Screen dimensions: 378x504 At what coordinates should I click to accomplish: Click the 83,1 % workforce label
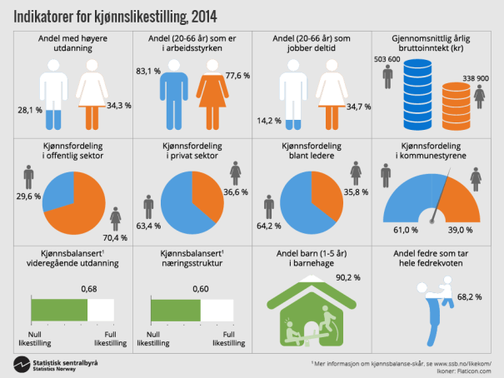click(x=146, y=70)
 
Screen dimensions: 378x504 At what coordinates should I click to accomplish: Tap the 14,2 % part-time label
click(x=269, y=119)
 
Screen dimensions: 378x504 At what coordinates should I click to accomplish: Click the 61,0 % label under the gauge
click(x=406, y=230)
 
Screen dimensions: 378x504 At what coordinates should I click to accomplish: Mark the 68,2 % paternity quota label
click(x=472, y=296)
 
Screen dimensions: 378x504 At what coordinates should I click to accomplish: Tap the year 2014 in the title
click(x=198, y=14)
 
